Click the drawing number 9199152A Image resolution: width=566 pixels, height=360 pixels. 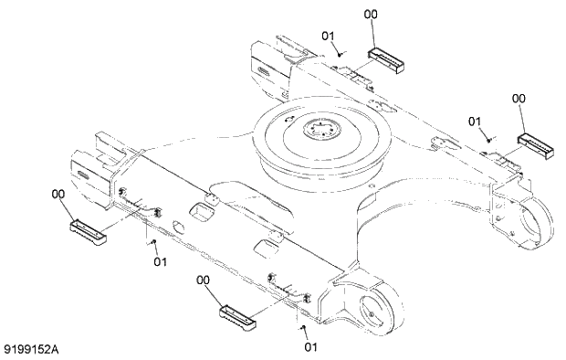36,348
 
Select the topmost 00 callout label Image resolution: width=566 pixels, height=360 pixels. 371,15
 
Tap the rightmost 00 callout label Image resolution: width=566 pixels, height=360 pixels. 519,99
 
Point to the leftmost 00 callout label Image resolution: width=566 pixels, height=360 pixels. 58,194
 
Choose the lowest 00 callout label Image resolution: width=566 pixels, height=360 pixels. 204,281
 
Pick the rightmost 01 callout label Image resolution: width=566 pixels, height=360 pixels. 475,121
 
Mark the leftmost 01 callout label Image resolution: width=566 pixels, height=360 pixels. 160,262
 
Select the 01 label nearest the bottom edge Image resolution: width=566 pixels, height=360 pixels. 310,346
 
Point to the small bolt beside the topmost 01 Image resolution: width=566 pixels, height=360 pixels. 341,54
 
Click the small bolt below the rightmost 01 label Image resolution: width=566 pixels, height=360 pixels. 488,138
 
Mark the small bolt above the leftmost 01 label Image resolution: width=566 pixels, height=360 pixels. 152,242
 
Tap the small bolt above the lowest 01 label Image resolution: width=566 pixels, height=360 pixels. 303,326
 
